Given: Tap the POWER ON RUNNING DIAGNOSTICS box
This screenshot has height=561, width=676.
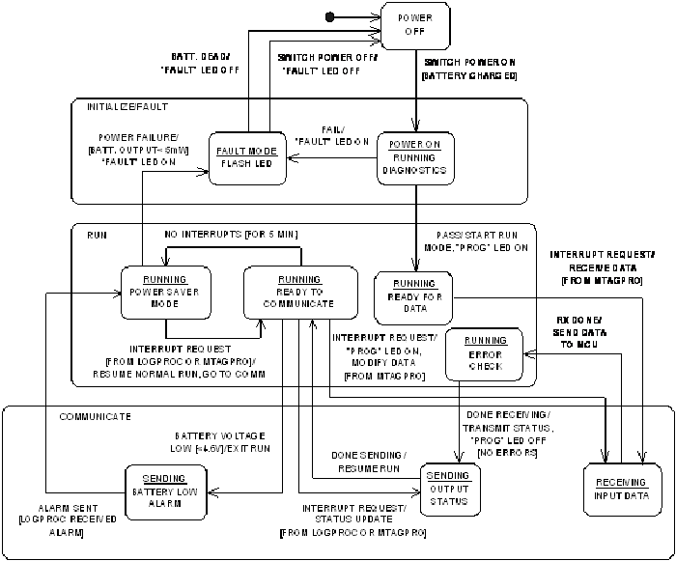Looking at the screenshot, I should (x=415, y=156).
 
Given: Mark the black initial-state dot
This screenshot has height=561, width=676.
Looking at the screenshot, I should (x=330, y=16).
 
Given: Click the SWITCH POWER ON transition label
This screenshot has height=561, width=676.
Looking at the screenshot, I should (x=470, y=68).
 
